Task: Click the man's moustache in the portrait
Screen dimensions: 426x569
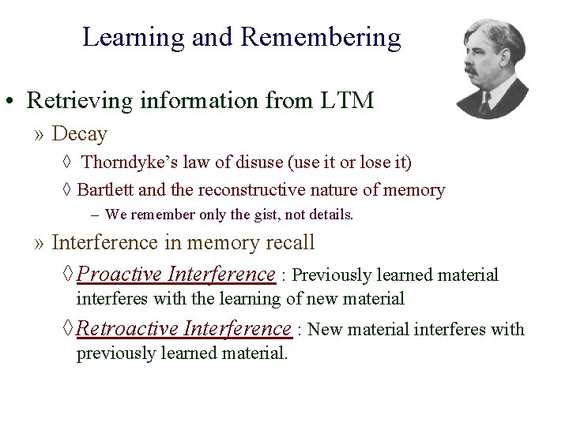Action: point(473,70)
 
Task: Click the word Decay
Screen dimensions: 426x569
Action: point(79,134)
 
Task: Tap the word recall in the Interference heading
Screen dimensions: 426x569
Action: point(290,242)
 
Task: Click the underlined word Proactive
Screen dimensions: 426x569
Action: point(120,274)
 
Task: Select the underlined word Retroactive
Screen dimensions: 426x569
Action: point(127,327)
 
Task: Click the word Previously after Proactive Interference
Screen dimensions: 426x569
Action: point(331,275)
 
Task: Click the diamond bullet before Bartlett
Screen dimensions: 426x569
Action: point(66,190)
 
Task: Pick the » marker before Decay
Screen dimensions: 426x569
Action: point(39,135)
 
